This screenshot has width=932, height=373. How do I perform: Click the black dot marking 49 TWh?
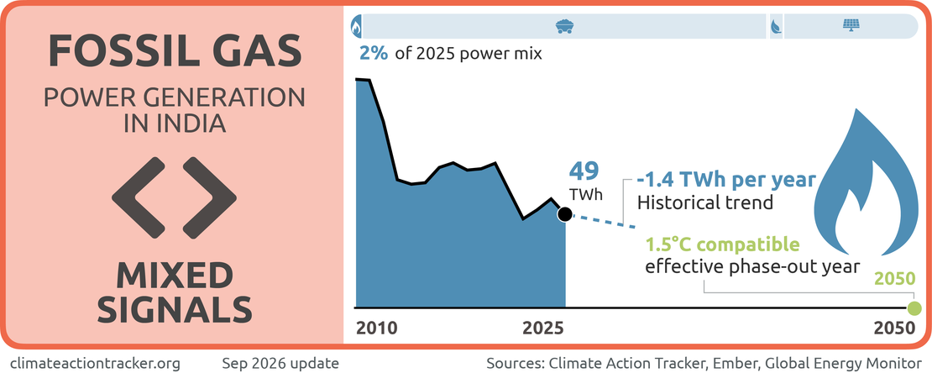tap(564, 214)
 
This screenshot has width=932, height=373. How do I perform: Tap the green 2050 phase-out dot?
tap(914, 308)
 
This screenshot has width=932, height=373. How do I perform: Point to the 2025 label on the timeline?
tap(542, 328)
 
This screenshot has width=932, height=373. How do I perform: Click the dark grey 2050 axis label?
tap(894, 328)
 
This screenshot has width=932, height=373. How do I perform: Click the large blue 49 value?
tap(584, 171)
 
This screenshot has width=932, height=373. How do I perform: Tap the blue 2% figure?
tap(374, 54)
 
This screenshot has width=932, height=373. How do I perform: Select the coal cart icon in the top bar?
tap(563, 26)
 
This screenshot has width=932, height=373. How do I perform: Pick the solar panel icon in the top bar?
tap(851, 26)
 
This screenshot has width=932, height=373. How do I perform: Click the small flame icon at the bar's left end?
tap(357, 27)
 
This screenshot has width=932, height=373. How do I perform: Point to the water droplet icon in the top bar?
tap(777, 26)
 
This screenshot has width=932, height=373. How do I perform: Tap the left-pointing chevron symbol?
tap(139, 195)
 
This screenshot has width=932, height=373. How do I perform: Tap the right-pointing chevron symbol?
tap(209, 195)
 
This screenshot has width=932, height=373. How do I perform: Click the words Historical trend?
tap(704, 202)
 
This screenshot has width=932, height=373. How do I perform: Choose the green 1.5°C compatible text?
tap(723, 244)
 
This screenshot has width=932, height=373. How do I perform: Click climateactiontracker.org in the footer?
tap(95, 363)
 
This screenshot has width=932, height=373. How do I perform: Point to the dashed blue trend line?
tap(600, 221)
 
